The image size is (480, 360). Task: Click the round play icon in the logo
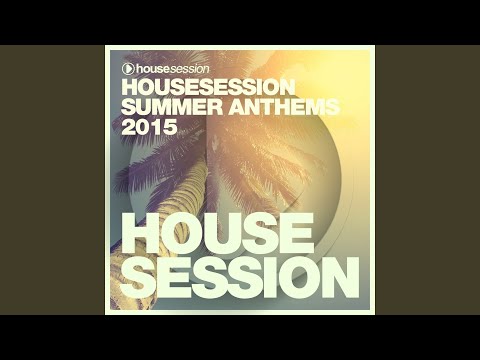pos(128,68)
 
